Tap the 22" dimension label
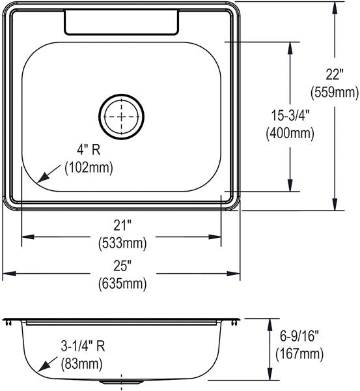click(335, 74)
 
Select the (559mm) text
click(335, 93)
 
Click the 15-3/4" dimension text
click(290, 115)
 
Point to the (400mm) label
click(290, 134)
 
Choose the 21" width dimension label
click(122, 226)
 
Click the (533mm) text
click(122, 244)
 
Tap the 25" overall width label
click(122, 267)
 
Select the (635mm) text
click(122, 284)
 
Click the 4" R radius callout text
click(89, 150)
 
